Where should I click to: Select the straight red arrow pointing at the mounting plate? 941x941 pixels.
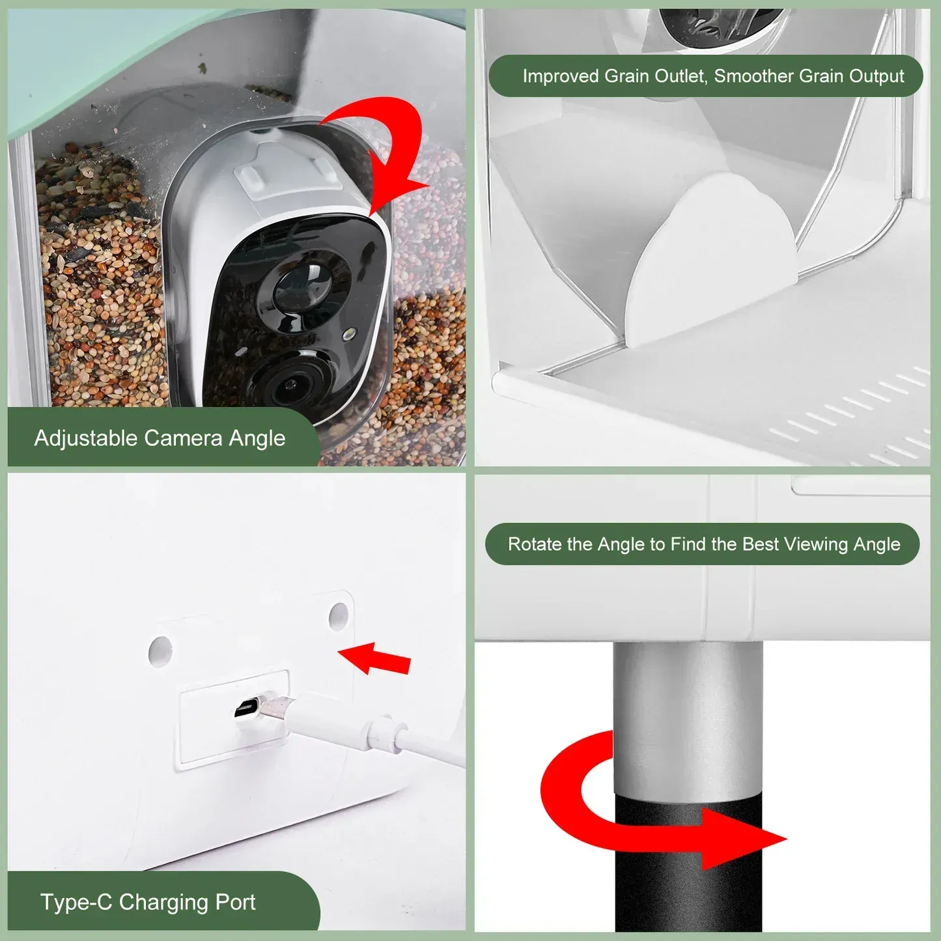[x=374, y=659]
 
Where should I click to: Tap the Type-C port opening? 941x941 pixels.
[x=247, y=709]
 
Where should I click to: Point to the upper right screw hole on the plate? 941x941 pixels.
[x=339, y=616]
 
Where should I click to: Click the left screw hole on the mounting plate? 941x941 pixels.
[x=160, y=651]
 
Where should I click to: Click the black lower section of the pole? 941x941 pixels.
[x=688, y=864]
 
